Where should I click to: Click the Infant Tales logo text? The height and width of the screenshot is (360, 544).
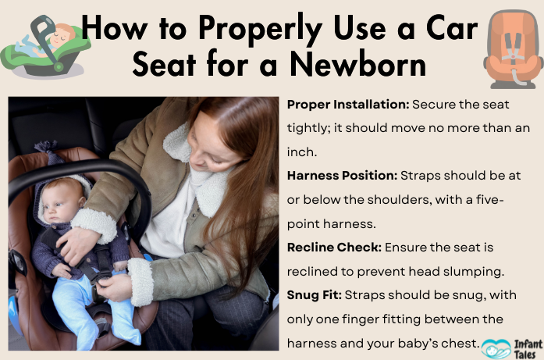point(522,346)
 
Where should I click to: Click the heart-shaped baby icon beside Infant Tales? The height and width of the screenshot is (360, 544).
point(492,347)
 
